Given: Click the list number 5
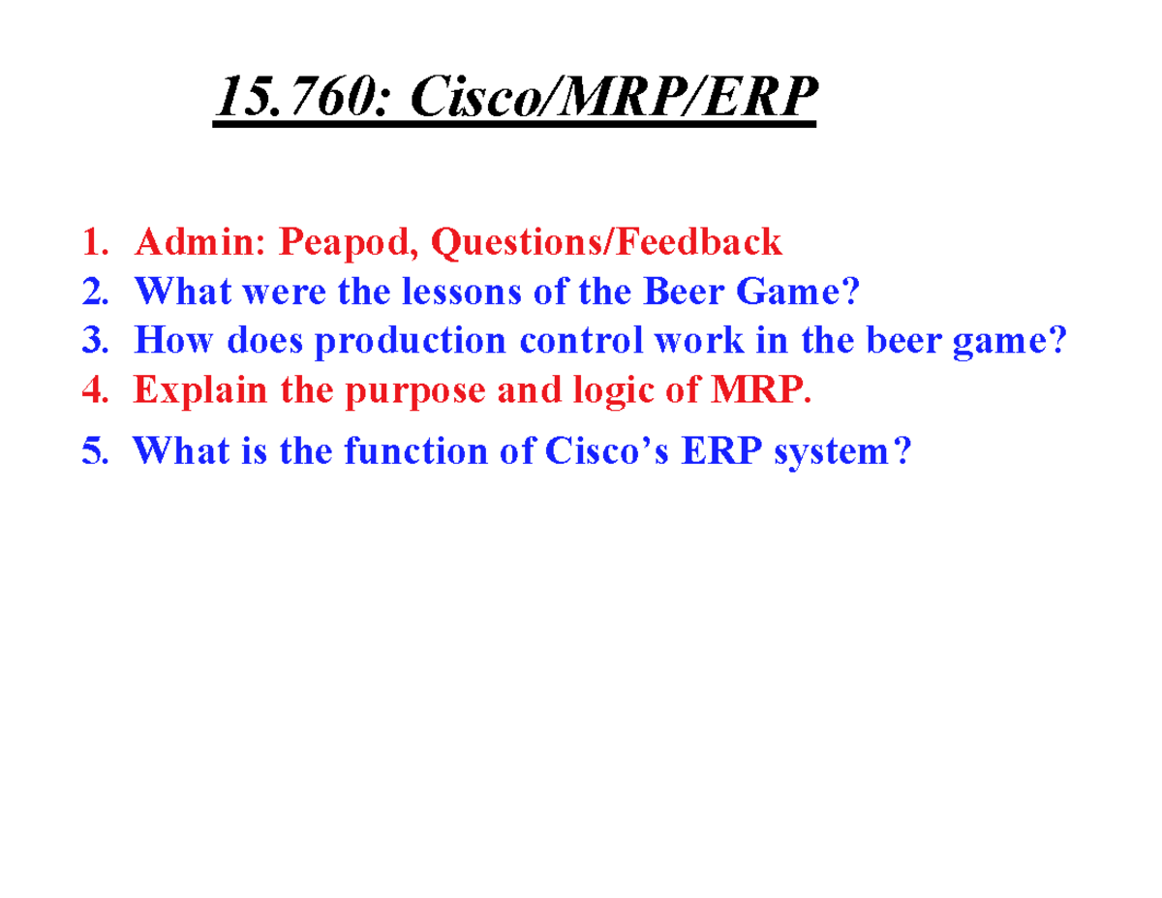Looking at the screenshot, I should [93, 450].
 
